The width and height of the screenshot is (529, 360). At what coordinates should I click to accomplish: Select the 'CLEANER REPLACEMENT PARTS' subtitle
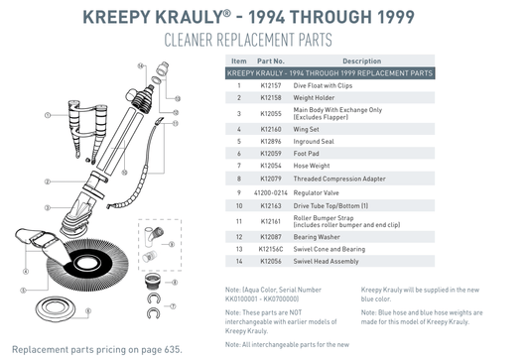pyautogui.click(x=264, y=42)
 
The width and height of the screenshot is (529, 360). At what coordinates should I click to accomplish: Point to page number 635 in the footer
pyautogui.click(x=169, y=351)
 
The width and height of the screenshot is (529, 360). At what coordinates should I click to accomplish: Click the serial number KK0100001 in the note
pyautogui.click(x=247, y=299)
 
